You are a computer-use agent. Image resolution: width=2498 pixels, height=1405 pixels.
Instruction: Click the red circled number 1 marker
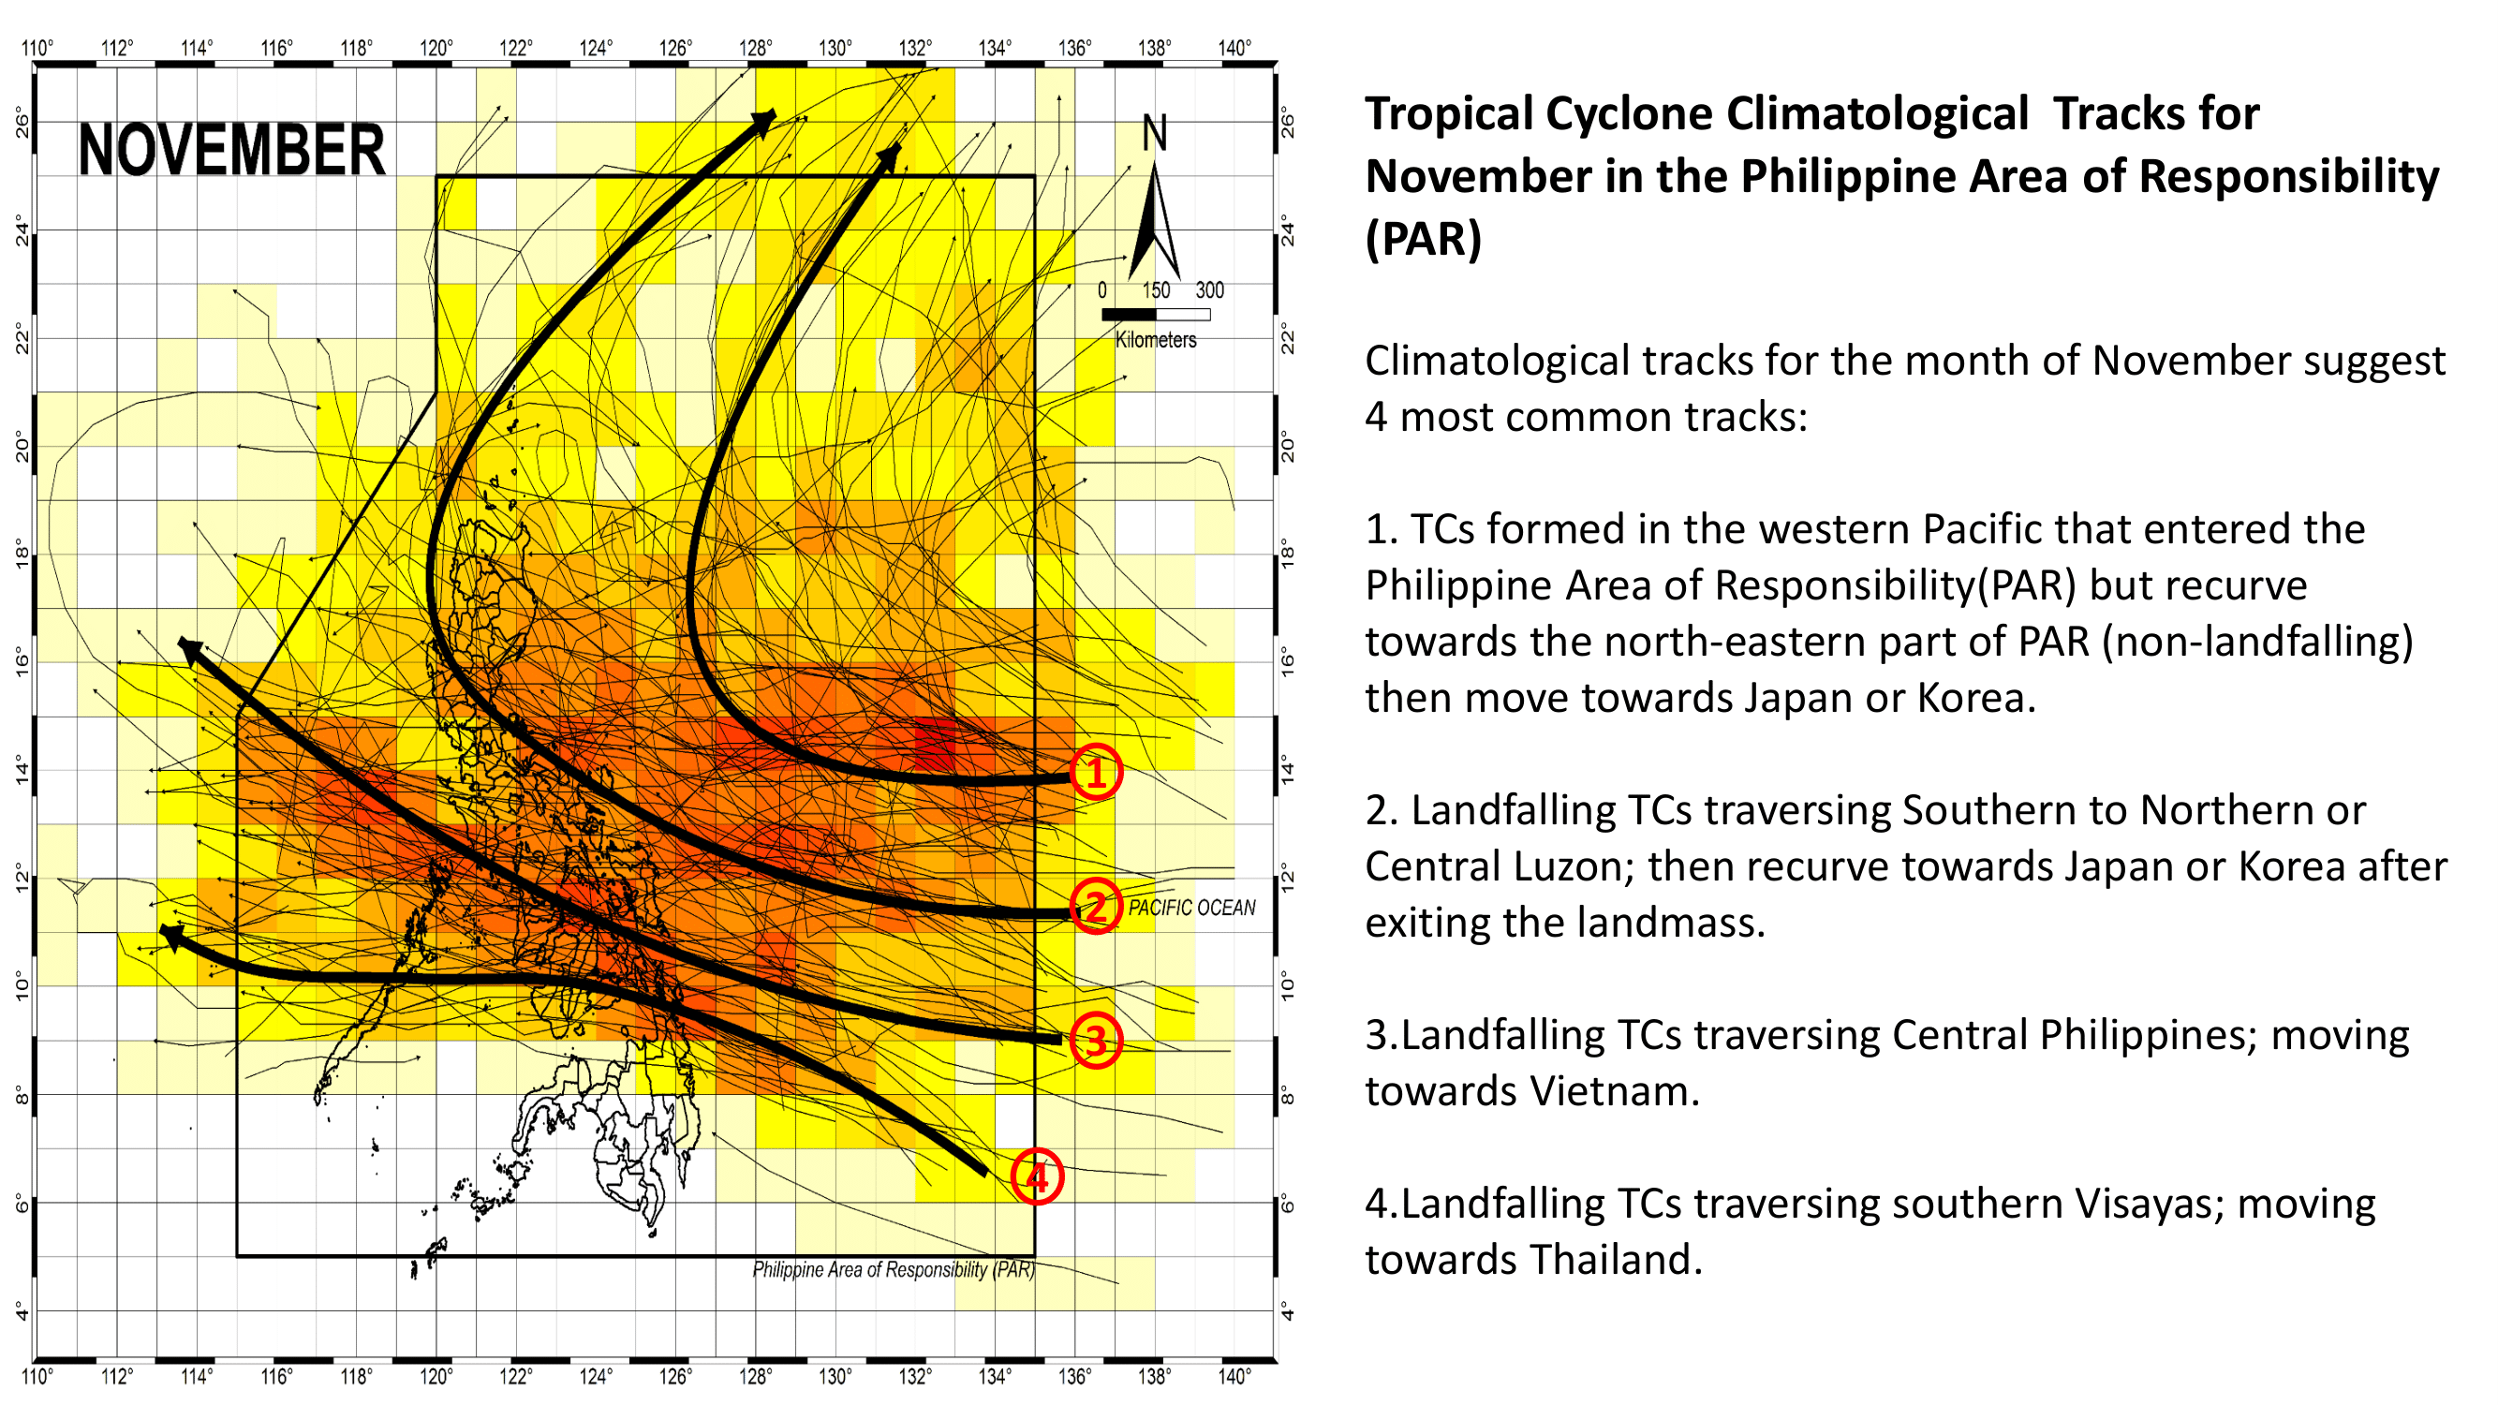1096,773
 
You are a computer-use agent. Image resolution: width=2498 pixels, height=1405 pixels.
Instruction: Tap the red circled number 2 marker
1096,908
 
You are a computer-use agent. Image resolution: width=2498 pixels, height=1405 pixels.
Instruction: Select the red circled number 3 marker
1096,1041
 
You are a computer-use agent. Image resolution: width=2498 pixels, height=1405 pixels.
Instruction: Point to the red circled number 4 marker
1037,1177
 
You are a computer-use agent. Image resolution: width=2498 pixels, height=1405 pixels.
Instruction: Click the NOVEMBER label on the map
230,150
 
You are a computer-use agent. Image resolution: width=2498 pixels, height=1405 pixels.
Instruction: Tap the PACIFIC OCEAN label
1190,908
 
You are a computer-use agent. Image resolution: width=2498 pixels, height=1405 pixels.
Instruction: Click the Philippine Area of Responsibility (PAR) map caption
894,1270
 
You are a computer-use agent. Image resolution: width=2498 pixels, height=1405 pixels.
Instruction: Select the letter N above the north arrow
1154,133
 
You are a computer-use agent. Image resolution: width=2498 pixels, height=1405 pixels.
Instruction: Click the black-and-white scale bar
1155,314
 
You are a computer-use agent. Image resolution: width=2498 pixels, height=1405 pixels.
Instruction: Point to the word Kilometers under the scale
1155,340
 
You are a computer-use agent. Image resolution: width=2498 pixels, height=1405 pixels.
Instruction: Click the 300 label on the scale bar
1209,290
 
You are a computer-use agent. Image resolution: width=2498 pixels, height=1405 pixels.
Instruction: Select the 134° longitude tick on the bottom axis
995,1377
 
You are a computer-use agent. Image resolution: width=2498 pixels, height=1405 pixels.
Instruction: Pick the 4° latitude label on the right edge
1288,1311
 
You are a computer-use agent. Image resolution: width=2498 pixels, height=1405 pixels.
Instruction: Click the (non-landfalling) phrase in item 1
2257,641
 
